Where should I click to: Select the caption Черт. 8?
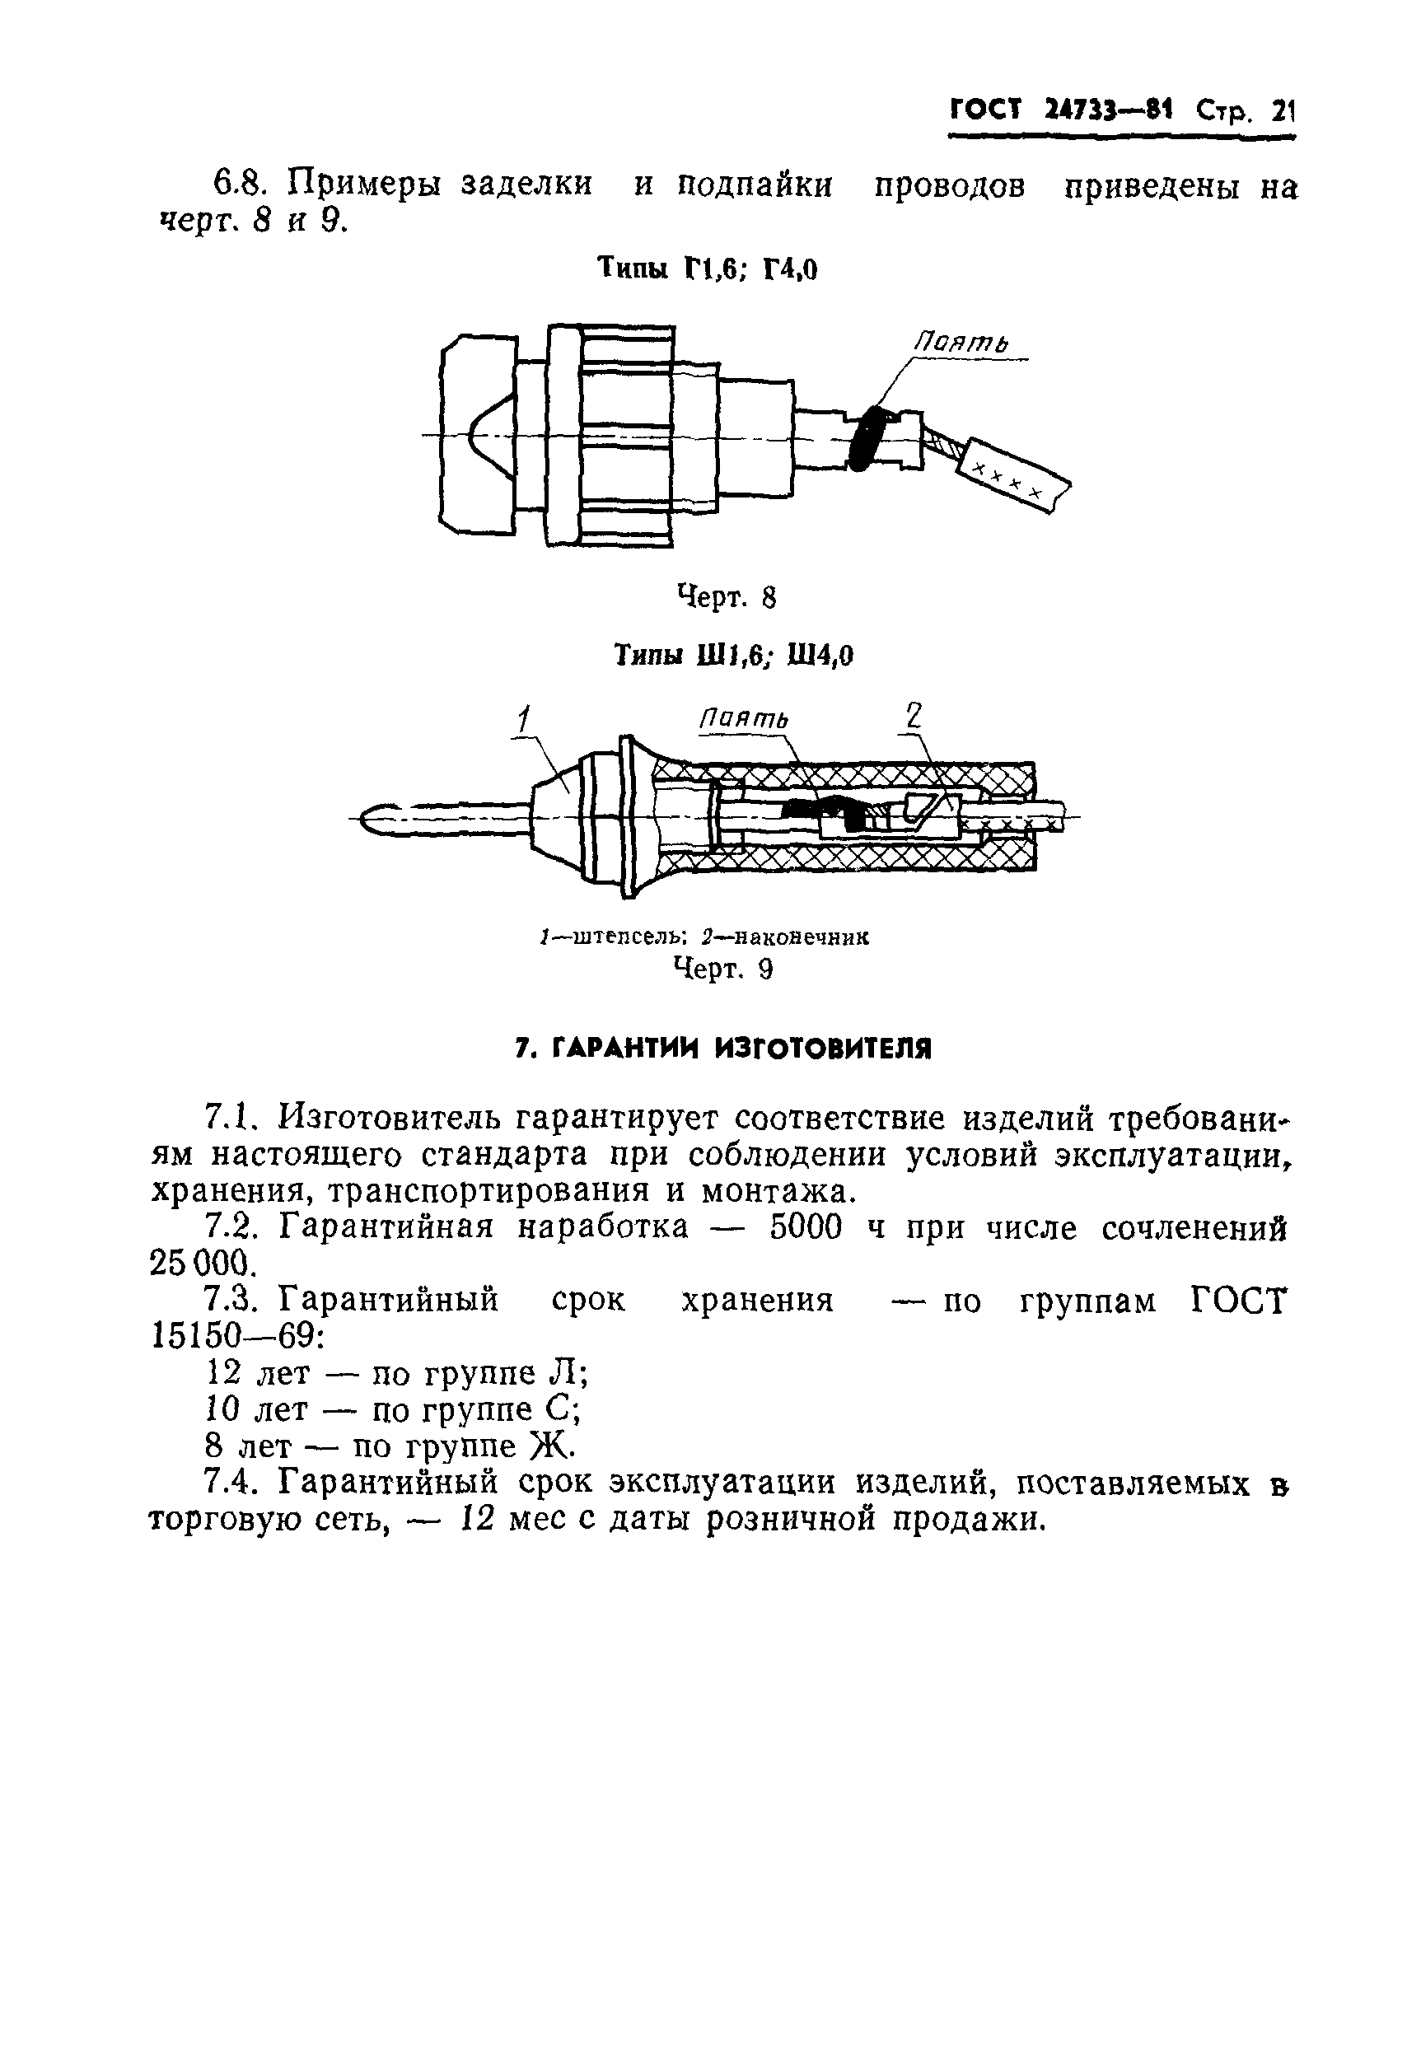pos(727,597)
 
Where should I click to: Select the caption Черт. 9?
pos(722,969)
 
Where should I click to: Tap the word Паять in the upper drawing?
pos(963,341)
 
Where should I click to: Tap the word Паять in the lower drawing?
pos(743,718)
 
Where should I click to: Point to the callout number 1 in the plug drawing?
pos(525,719)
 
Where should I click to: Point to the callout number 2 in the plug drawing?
pos(913,716)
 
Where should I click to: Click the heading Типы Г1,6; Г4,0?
pos(707,269)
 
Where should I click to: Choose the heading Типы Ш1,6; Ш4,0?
pos(733,656)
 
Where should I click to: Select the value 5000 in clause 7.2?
pos(804,1228)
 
